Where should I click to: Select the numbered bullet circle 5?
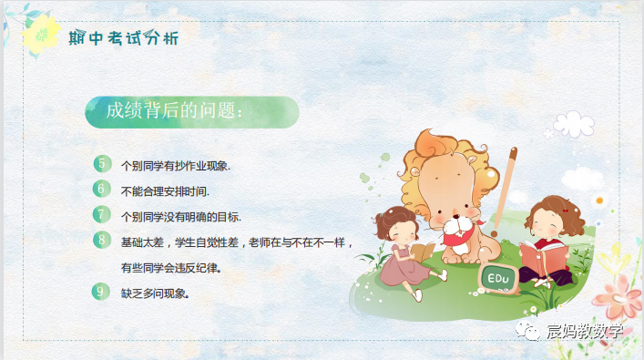coord(103,164)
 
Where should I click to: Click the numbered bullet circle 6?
coord(103,190)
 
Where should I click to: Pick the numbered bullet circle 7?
coord(103,215)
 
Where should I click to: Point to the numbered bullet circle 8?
coord(103,241)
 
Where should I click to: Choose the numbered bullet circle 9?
coord(103,292)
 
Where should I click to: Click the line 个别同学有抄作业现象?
coord(175,167)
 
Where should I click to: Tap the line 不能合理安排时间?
coord(165,191)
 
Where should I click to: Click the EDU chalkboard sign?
coord(498,276)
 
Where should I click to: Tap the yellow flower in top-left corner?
coord(40,37)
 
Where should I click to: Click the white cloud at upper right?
coord(573,123)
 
